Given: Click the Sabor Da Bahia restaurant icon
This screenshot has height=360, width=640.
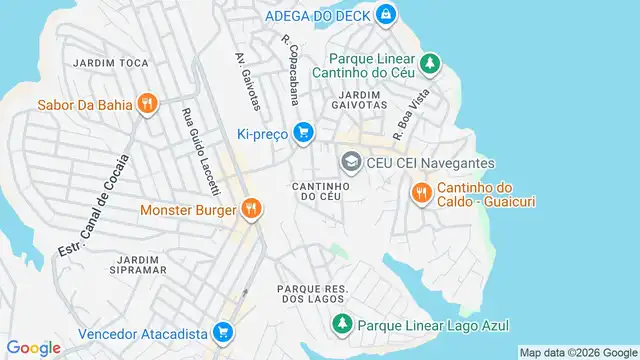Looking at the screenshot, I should [x=148, y=103].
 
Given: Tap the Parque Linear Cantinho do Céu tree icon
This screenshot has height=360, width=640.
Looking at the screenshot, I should [x=429, y=63].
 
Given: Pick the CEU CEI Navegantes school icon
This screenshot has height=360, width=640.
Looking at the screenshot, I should [x=351, y=162].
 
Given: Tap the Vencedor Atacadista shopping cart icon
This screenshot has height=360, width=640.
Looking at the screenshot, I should [x=224, y=332].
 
